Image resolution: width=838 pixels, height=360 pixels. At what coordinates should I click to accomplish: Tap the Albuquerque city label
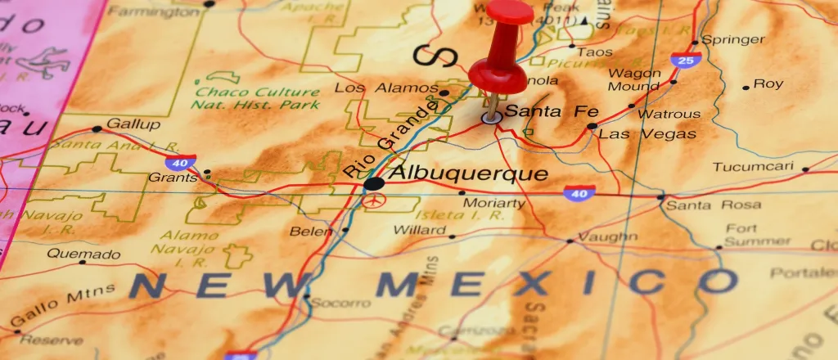pyautogui.click(x=467, y=174)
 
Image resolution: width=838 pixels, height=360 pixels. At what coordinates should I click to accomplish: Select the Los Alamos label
pyautogui.click(x=386, y=88)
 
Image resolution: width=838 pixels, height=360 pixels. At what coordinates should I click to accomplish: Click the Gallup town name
pyautogui.click(x=135, y=124)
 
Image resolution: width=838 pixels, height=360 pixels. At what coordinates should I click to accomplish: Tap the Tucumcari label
pyautogui.click(x=753, y=167)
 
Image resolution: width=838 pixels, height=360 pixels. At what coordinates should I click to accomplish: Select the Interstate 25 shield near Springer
pyautogui.click(x=684, y=60)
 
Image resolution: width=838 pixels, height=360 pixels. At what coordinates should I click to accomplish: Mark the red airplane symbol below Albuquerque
pyautogui.click(x=373, y=200)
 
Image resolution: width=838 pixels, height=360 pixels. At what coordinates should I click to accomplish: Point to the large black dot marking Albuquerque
pyautogui.click(x=373, y=183)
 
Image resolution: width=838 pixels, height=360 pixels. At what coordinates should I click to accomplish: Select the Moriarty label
pyautogui.click(x=493, y=203)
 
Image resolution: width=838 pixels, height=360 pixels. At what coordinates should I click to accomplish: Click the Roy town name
pyautogui.click(x=768, y=83)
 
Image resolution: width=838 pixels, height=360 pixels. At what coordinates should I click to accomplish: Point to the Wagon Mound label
pyautogui.click(x=633, y=79)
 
